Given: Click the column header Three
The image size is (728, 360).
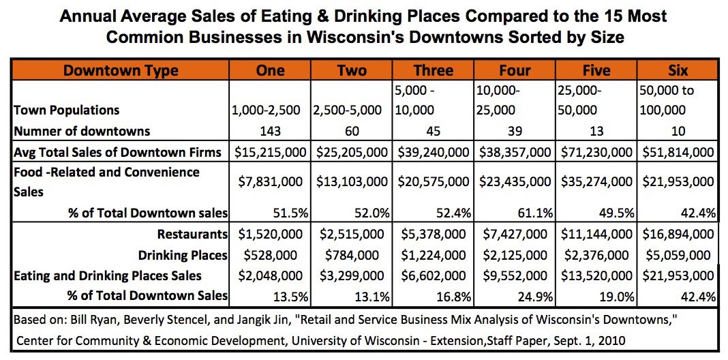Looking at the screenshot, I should (x=433, y=70).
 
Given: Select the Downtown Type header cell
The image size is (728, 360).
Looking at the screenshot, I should (x=120, y=70).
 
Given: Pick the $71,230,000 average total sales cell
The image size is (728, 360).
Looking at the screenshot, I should (x=596, y=152).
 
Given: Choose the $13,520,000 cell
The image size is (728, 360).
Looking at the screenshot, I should (x=596, y=275).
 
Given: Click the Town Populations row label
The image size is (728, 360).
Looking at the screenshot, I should (x=65, y=110).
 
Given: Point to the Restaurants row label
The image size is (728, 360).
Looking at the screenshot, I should (x=192, y=234).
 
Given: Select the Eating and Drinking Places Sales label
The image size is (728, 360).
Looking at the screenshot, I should (x=108, y=275).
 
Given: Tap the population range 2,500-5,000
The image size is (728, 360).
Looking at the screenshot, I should (x=351, y=110).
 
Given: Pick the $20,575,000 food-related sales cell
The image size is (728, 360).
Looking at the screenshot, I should (x=433, y=182).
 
